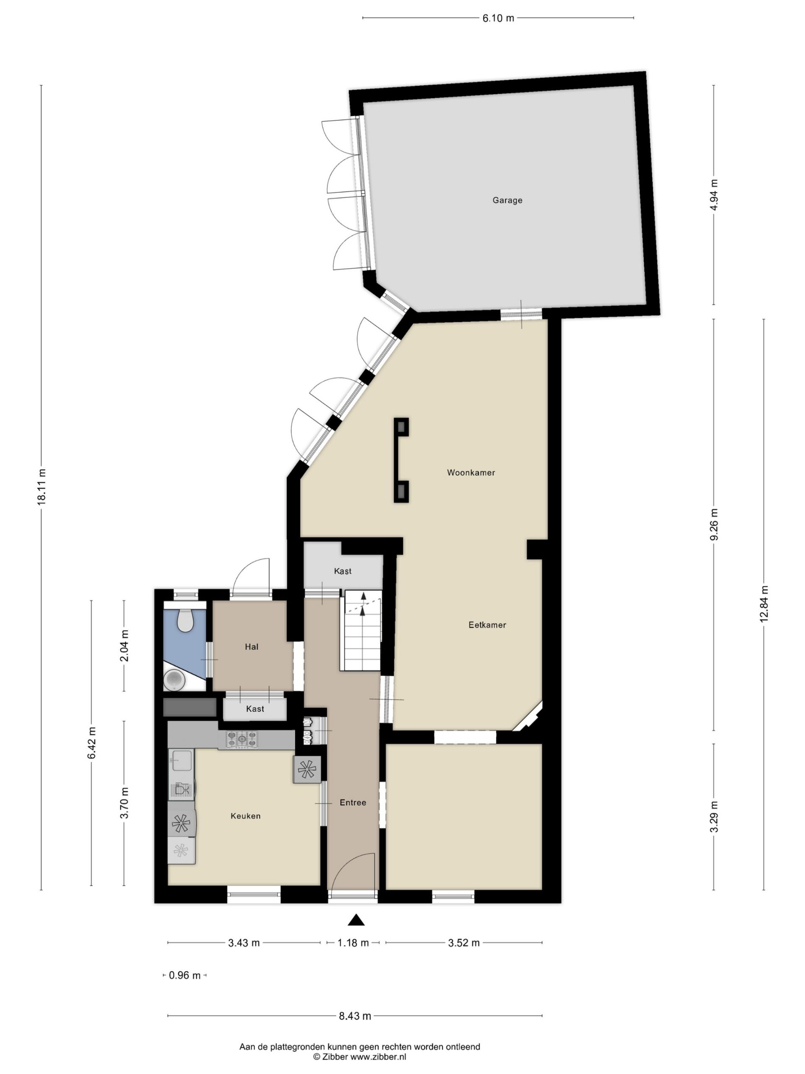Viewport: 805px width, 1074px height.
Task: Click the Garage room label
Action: (507, 200)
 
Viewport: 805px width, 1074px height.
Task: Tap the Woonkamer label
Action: (471, 472)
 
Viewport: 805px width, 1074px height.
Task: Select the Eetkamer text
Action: (487, 625)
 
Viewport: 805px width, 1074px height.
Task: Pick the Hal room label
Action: (251, 647)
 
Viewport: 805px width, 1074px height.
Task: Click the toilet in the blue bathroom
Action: (185, 620)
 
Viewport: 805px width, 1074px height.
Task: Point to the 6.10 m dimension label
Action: (498, 18)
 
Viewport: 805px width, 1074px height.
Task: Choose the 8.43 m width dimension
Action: (355, 1016)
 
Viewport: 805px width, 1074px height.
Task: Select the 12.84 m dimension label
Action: (764, 604)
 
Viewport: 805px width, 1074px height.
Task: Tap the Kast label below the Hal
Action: (255, 709)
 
